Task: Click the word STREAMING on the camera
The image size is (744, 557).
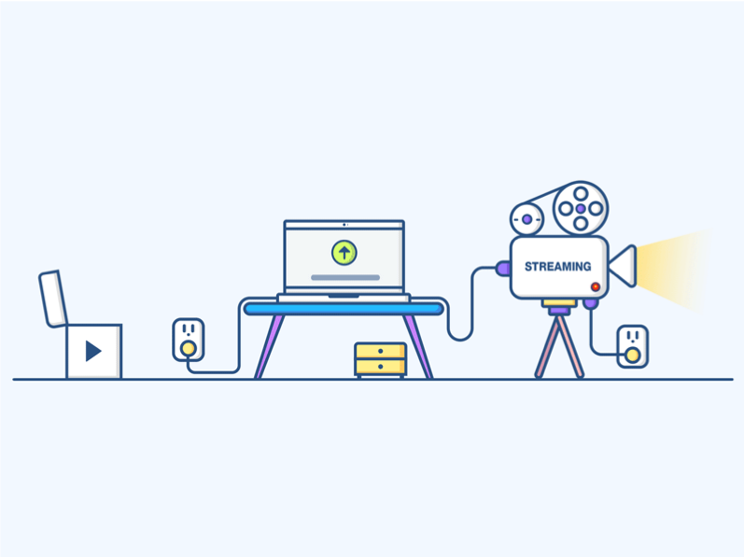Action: click(557, 267)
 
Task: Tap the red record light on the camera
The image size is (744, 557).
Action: click(595, 286)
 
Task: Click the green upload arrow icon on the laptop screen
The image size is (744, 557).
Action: click(344, 253)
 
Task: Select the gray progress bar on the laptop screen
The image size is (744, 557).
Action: click(345, 277)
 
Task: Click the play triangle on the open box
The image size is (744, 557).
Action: click(93, 351)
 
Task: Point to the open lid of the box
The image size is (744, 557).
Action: click(52, 299)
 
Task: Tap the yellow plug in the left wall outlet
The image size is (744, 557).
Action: click(189, 349)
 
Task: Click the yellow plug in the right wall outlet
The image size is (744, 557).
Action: click(632, 355)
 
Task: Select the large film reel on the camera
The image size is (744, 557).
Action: click(581, 209)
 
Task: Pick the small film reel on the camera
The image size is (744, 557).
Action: click(526, 219)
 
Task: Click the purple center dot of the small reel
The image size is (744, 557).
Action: click(526, 219)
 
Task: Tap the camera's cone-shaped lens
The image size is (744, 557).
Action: click(623, 267)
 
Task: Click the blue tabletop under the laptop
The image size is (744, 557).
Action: click(344, 310)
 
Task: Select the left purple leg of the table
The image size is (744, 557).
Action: click(270, 346)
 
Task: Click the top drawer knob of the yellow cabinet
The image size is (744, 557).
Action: click(380, 351)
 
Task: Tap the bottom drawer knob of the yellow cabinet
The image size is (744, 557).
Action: click(380, 367)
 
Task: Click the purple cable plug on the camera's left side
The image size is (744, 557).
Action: click(502, 269)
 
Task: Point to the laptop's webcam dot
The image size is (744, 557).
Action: click(344, 225)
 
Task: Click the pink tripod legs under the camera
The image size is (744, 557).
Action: click(559, 346)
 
